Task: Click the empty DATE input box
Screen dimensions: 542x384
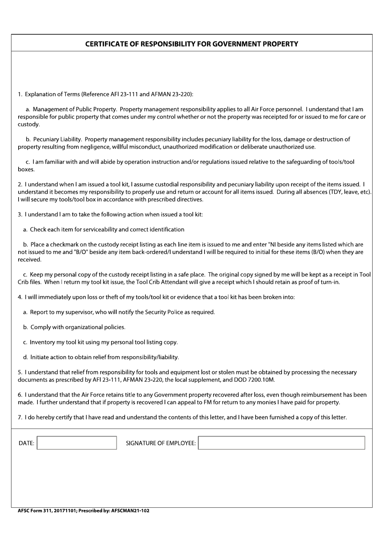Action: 77,443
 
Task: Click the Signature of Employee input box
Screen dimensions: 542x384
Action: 281,443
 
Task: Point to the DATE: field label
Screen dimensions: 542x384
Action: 26,443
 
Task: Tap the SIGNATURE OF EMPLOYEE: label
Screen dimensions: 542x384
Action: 160,443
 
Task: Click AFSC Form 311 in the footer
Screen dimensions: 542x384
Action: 32,511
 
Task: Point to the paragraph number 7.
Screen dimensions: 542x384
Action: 19,418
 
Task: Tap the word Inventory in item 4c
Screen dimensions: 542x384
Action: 42,342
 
